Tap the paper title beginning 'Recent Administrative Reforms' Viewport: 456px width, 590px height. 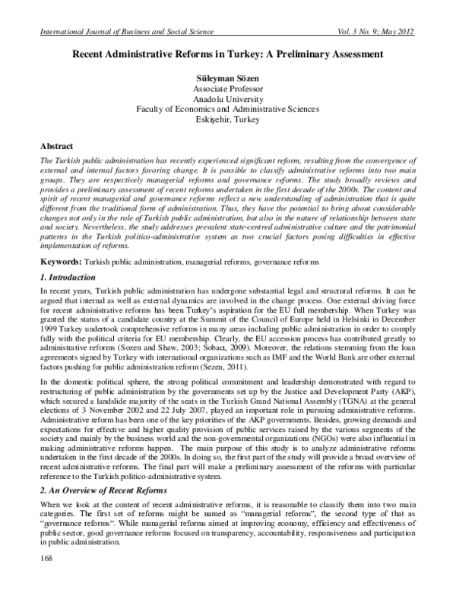[227, 55]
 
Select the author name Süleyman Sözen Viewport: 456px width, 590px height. [227, 78]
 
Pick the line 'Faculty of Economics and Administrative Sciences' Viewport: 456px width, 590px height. [227, 109]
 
